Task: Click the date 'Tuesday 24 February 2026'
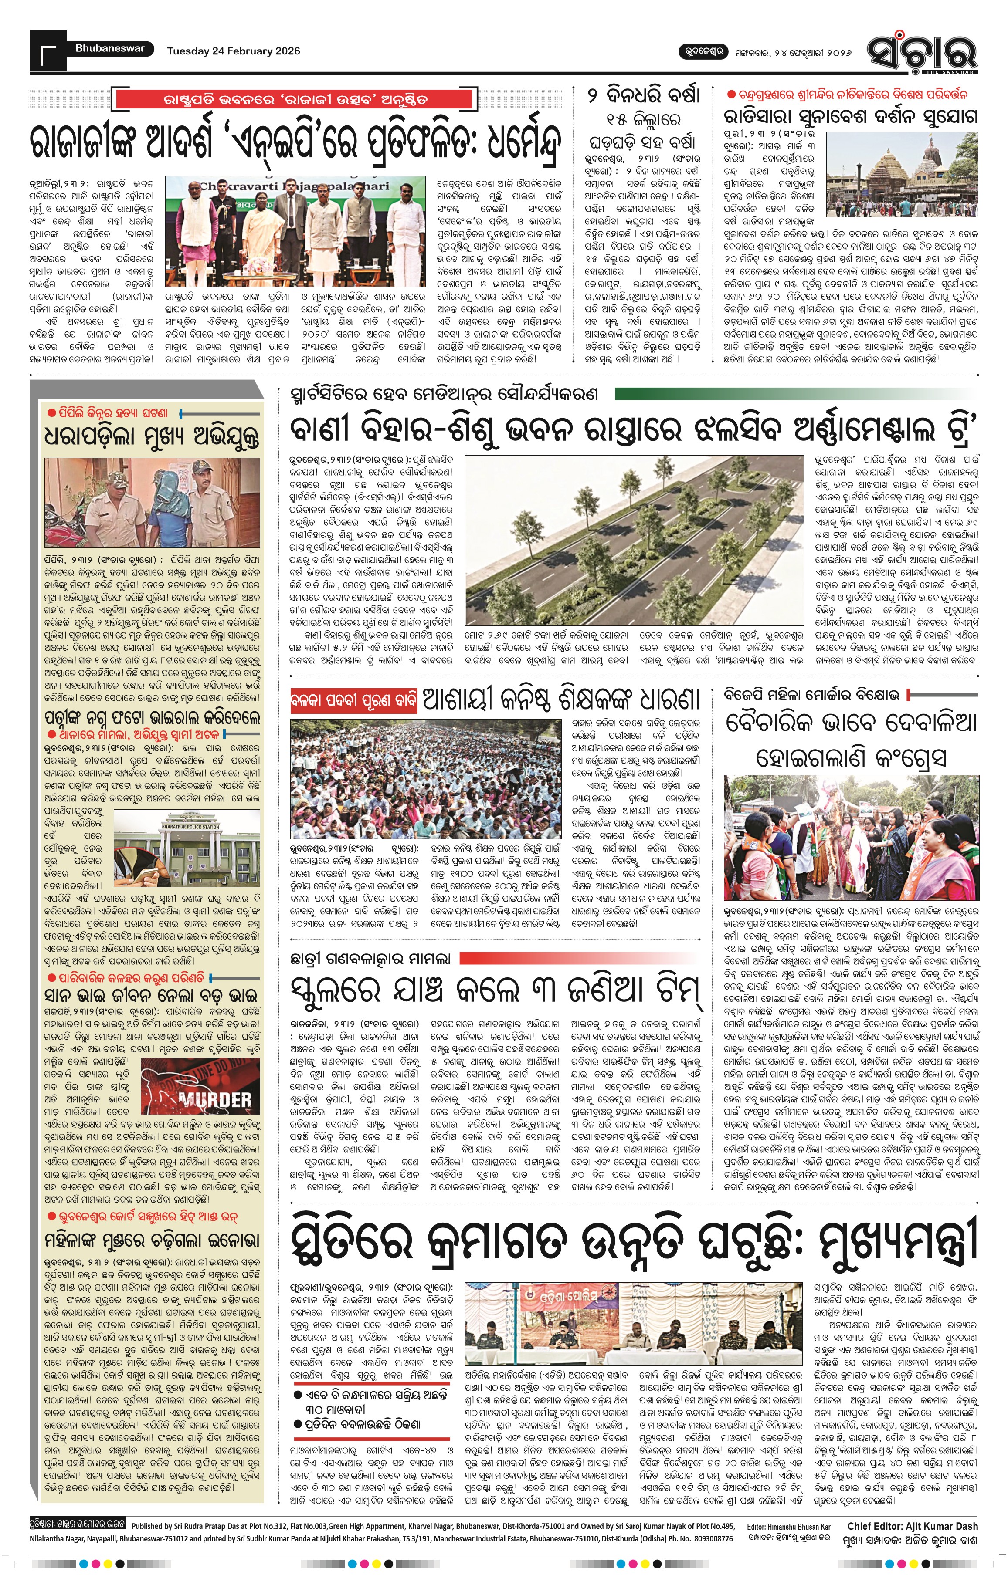tap(233, 51)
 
